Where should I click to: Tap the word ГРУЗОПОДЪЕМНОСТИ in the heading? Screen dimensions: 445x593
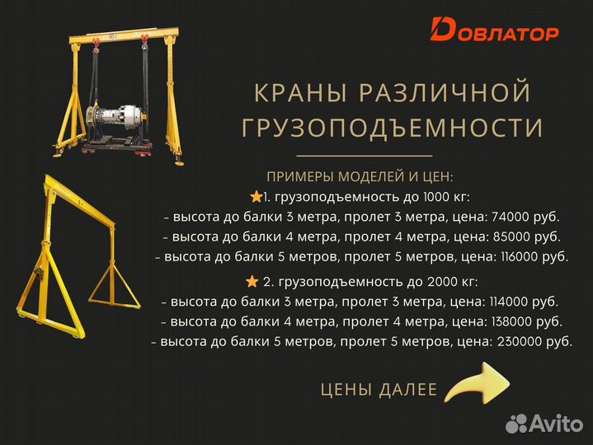[392, 128]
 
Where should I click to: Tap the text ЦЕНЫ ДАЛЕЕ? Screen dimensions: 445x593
[379, 389]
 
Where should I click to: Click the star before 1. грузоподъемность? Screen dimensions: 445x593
[255, 198]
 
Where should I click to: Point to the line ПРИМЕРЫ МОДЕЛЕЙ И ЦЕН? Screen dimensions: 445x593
[360, 177]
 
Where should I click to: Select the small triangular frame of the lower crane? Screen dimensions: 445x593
[113, 283]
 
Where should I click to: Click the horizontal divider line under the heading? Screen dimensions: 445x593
[364, 155]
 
